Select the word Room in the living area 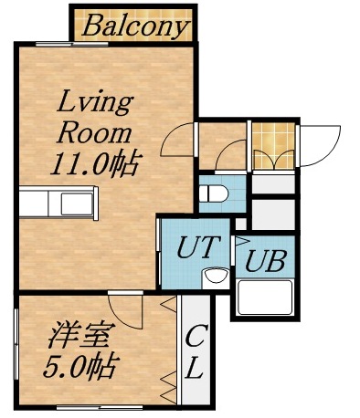[x=96, y=132]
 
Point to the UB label [x=265, y=261]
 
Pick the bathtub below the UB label [x=263, y=298]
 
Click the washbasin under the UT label [x=216, y=277]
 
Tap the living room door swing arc [x=179, y=140]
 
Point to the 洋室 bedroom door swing [x=124, y=311]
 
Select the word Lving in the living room [x=96, y=99]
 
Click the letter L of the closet [x=195, y=370]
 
